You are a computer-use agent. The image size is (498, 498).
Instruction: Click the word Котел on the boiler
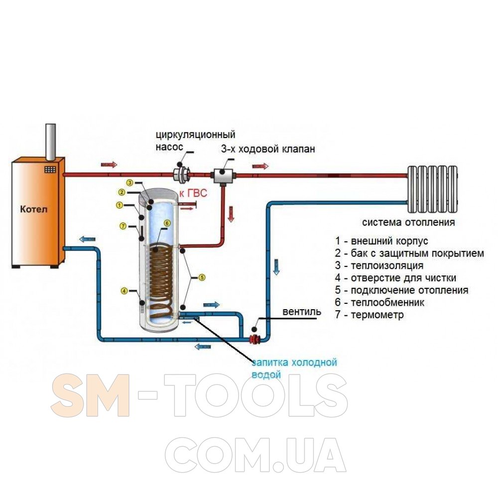34,209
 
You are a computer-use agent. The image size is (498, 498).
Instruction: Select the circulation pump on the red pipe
182,174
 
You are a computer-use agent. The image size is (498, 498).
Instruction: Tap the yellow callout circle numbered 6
167,223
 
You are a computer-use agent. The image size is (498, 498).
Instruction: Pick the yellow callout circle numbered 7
123,226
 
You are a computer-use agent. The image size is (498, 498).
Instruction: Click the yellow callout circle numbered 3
129,182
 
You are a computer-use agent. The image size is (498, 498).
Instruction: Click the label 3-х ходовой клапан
268,149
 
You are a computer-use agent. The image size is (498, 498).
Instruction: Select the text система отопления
408,222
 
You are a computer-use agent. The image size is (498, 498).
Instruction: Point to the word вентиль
299,312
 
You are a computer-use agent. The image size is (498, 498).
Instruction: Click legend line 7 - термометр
370,315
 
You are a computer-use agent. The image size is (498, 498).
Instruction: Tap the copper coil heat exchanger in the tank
162,279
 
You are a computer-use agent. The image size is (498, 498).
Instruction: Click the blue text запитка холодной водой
294,368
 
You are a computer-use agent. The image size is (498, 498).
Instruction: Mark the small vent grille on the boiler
51,169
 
